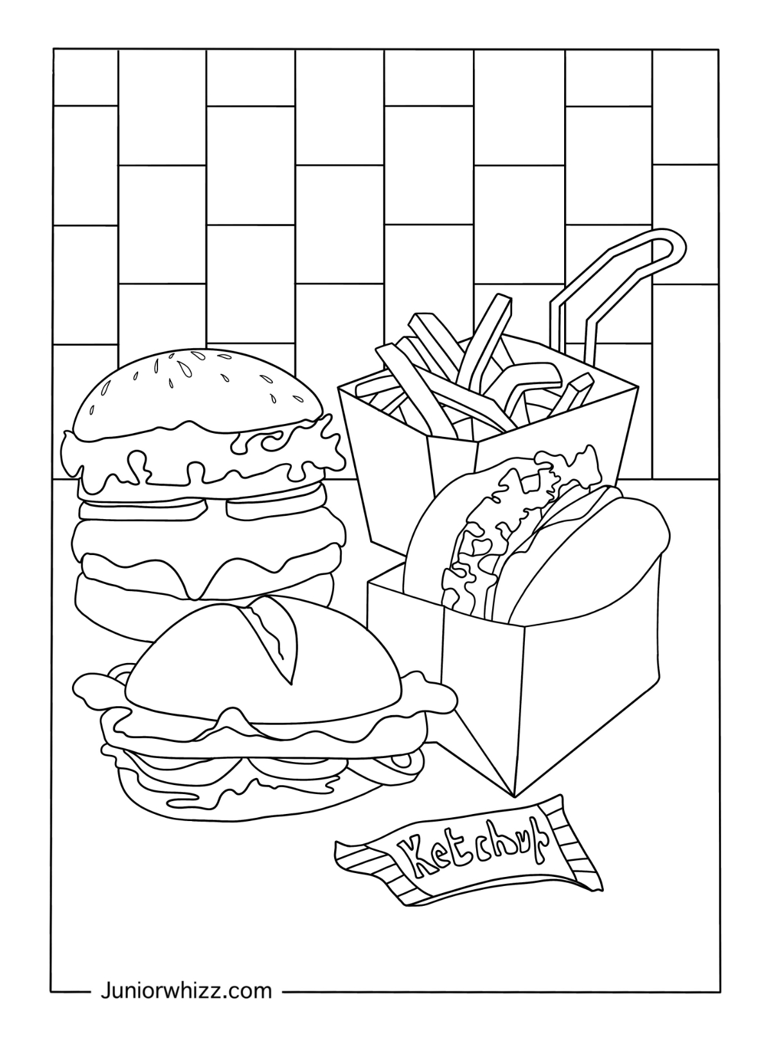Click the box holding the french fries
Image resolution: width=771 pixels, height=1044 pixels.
coord(398,475)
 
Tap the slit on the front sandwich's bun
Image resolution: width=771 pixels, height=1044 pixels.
coord(273,636)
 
